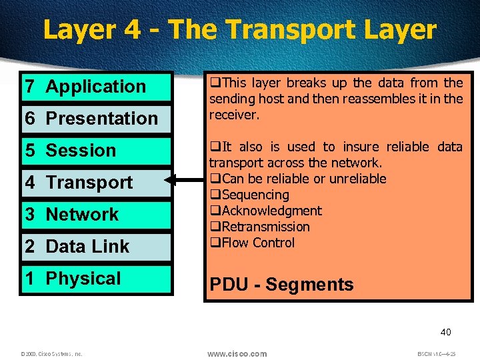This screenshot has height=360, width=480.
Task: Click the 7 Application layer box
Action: pyautogui.click(x=97, y=87)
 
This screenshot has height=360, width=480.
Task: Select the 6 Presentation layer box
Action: pyautogui.click(x=97, y=119)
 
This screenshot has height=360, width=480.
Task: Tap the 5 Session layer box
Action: pyautogui.click(x=97, y=151)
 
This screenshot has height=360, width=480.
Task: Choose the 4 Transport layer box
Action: pyautogui.click(x=97, y=183)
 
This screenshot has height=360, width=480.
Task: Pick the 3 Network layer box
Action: pyautogui.click(x=97, y=215)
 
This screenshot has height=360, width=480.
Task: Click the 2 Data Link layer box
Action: pyautogui.click(x=97, y=247)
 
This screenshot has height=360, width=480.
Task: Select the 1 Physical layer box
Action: pyautogui.click(x=97, y=279)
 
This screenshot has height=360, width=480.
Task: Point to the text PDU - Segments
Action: pyautogui.click(x=281, y=285)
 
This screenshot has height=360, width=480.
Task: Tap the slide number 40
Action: pyautogui.click(x=445, y=332)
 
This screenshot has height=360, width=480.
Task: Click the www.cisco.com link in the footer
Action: pyautogui.click(x=237, y=353)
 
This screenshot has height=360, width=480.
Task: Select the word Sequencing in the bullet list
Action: pyautogui.click(x=255, y=195)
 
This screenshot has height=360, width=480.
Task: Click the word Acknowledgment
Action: pyautogui.click(x=271, y=211)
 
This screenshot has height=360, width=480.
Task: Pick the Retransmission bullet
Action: pyautogui.click(x=265, y=227)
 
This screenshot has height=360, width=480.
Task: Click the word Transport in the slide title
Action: pyautogui.click(x=281, y=30)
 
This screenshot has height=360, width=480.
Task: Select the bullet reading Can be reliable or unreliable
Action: pyautogui.click(x=303, y=179)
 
